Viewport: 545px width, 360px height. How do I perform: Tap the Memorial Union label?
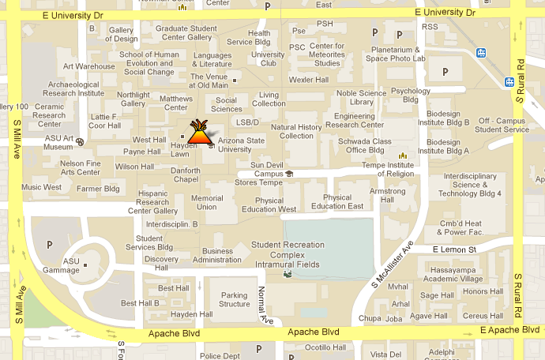[207, 203]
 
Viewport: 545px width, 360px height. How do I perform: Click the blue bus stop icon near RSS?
[481, 53]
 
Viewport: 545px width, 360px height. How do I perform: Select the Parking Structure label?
[234, 299]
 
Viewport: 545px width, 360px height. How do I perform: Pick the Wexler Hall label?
[308, 80]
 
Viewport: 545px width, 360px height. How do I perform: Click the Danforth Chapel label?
[185, 174]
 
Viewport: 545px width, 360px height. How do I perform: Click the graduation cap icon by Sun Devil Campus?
[289, 173]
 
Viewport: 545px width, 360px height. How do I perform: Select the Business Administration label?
[217, 256]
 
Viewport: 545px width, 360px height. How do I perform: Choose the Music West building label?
[41, 188]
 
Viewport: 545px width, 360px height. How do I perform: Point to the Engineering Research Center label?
[355, 121]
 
